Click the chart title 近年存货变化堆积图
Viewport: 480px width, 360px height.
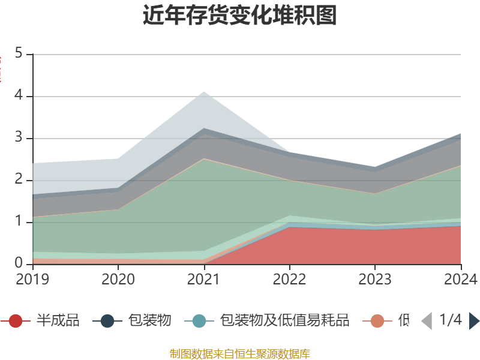[x=240, y=16]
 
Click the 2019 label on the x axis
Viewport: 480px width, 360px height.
[x=33, y=279]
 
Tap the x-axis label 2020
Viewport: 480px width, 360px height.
[x=118, y=279]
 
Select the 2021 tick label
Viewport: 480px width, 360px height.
[x=204, y=279]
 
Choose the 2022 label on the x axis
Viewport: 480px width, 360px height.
[x=289, y=279]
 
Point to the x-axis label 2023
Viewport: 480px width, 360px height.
[x=375, y=279]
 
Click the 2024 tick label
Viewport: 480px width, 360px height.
[x=460, y=279]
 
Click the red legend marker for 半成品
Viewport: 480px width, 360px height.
[x=16, y=321]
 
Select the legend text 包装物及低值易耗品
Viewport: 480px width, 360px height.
[x=284, y=321]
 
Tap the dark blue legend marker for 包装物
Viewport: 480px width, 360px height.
[x=107, y=321]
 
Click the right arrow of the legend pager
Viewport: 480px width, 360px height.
[x=474, y=321]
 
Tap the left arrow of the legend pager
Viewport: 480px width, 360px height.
[x=427, y=321]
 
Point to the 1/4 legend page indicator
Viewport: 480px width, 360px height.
[x=451, y=320]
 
